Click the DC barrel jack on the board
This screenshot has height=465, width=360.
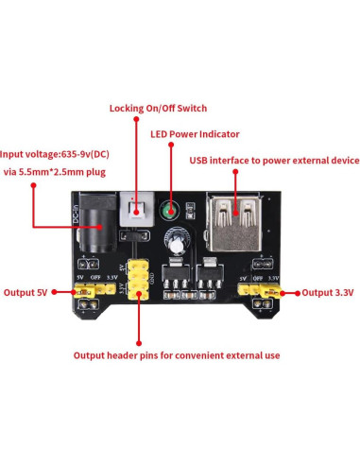pos(94,230)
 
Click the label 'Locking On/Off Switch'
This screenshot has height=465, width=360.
pos(158,109)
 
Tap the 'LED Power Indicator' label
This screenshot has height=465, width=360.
pos(195,134)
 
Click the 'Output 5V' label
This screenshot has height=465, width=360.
pos(26,294)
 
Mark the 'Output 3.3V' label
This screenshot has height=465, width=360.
pos(327,294)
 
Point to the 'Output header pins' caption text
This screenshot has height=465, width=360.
pos(176,356)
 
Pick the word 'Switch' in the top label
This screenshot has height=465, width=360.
pos(188,109)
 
